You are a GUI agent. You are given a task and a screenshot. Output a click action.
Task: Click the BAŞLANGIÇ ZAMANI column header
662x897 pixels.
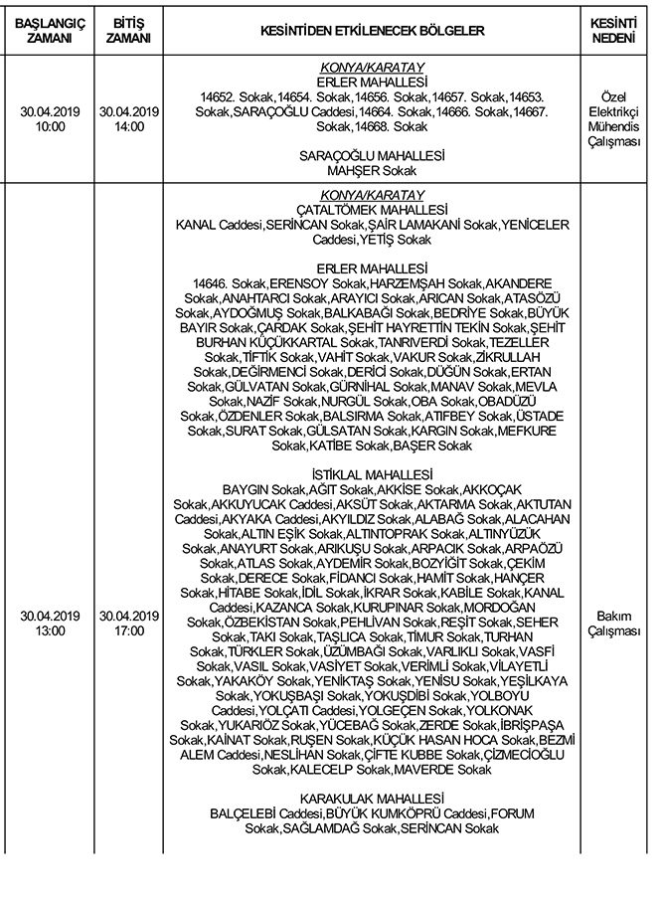tap(49, 31)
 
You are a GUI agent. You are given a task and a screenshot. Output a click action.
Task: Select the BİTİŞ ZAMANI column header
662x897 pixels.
tap(129, 31)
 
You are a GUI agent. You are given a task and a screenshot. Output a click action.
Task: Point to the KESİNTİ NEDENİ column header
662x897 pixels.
tap(612, 31)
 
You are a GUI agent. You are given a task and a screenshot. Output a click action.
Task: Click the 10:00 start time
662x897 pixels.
tap(49, 127)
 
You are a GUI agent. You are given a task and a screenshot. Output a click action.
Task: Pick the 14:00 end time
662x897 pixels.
tap(129, 127)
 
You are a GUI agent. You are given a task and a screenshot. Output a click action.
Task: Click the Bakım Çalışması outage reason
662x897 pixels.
tap(612, 623)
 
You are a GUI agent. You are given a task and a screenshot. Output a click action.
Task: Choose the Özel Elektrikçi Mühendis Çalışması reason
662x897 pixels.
tap(612, 120)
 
